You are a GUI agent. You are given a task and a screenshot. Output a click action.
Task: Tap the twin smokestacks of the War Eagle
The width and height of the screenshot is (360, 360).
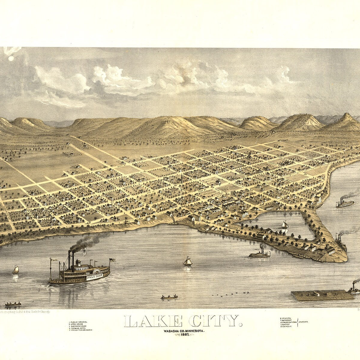coord(71,260)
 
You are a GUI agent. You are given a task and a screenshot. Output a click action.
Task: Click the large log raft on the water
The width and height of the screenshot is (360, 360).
coord(322,295)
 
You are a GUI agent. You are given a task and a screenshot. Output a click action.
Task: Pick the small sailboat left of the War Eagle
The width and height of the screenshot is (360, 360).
coord(16,270)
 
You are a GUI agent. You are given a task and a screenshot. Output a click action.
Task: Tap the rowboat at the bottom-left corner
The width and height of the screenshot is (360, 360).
coord(13,304)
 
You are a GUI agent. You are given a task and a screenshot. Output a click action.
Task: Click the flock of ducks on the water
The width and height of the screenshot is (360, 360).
coord(231,294)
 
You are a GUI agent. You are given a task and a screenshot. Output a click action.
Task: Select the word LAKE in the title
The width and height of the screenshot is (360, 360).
coord(153,321)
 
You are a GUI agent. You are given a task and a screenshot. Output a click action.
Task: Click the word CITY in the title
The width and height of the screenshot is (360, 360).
coord(215,321)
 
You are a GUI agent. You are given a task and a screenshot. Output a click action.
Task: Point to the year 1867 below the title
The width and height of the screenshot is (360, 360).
coord(184,334)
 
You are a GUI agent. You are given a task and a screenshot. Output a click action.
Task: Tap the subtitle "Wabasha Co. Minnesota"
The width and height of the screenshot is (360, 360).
coord(184,330)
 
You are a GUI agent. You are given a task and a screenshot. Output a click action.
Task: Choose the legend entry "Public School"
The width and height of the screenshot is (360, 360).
coord(79,322)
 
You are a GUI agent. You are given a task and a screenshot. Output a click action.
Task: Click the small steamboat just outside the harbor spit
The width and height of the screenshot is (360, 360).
coord(259,254)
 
